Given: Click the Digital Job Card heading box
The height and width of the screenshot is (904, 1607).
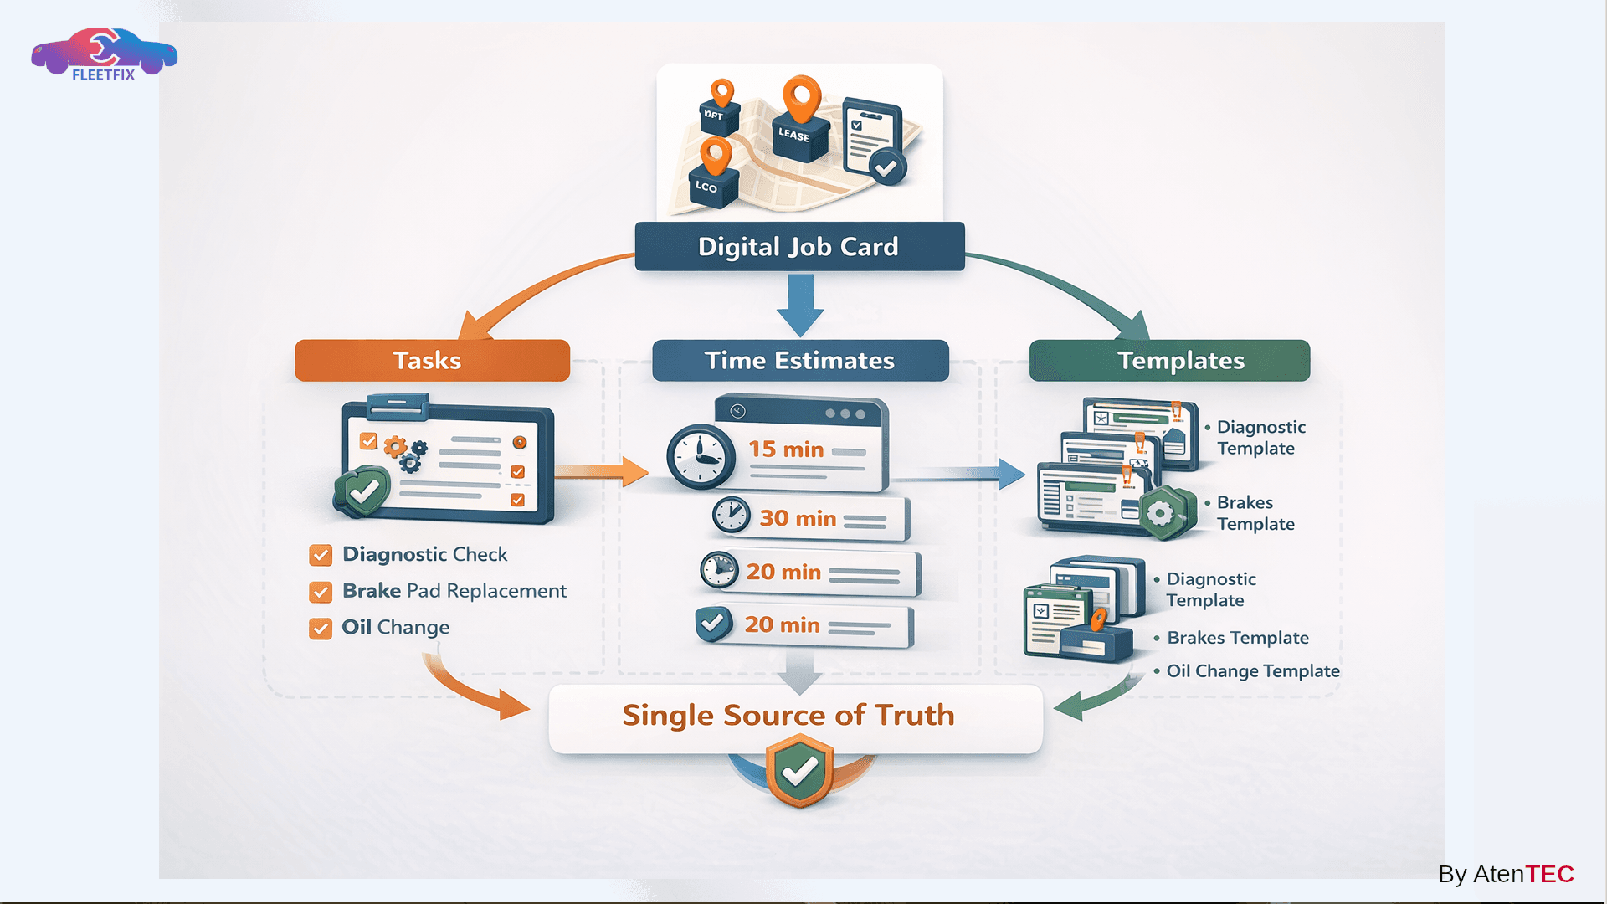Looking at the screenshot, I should pyautogui.click(x=799, y=246).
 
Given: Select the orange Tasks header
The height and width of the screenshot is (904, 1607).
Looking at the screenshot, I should pyautogui.click(x=432, y=361).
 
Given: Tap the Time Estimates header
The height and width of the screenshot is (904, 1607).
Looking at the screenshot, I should pyautogui.click(x=800, y=361).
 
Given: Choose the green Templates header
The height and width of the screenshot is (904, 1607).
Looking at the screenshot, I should pyautogui.click(x=1169, y=361).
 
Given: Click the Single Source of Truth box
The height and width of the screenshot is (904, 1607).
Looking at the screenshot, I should pyautogui.click(x=795, y=717).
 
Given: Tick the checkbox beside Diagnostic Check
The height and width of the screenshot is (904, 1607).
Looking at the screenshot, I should pyautogui.click(x=321, y=555).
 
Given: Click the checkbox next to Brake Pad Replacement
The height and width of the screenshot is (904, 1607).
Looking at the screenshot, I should pyautogui.click(x=321, y=592).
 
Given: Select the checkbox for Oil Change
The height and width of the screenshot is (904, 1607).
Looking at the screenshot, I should pyautogui.click(x=321, y=629).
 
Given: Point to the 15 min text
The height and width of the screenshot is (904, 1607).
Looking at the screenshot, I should pyautogui.click(x=786, y=449).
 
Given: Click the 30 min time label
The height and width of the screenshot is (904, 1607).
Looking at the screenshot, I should pyautogui.click(x=798, y=519).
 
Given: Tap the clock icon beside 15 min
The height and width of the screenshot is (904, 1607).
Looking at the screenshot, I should pyautogui.click(x=701, y=457).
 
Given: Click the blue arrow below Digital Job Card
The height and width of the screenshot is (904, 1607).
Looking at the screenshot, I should pyautogui.click(x=800, y=306).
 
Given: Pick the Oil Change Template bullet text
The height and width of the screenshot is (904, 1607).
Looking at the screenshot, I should pyautogui.click(x=1252, y=671).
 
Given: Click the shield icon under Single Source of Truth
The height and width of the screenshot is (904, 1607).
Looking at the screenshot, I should pyautogui.click(x=800, y=771).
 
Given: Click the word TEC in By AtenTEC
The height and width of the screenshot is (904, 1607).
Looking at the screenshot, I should pyautogui.click(x=1549, y=874).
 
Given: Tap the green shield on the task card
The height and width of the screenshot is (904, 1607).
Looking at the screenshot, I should pyautogui.click(x=363, y=492).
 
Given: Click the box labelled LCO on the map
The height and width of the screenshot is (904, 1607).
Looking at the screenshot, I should pyautogui.click(x=712, y=187).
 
